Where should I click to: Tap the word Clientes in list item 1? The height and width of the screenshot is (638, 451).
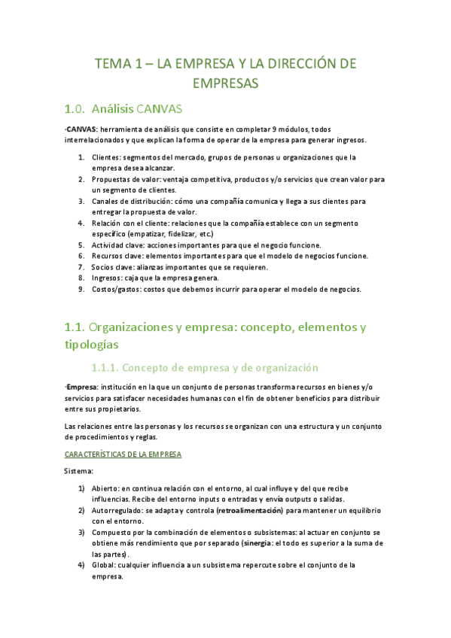coord(105,157)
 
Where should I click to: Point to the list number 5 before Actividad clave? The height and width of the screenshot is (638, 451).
coord(81,245)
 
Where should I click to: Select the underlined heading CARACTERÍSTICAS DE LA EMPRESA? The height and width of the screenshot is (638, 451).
coord(123,454)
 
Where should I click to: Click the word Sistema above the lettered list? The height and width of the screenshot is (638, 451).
coord(78,472)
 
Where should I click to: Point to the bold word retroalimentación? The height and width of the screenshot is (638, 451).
coord(247,510)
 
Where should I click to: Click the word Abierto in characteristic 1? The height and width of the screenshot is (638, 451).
coord(105,488)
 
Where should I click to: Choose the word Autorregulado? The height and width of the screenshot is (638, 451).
coord(118,510)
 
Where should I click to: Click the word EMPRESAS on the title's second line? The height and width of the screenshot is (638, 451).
coord(225,83)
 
